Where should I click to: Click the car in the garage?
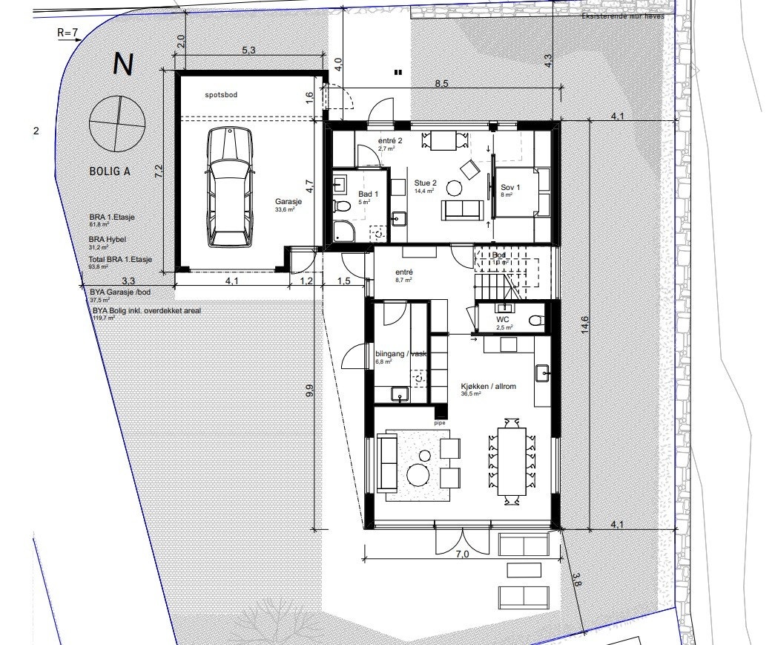pos(230,186)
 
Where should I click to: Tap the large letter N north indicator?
pos(122,65)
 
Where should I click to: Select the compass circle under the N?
pos(116,122)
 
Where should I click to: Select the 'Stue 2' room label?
pos(426,183)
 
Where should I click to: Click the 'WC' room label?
pos(503,319)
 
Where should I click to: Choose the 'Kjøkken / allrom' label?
pos(487,387)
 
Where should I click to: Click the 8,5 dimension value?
pos(441,84)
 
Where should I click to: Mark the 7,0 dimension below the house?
pos(463,553)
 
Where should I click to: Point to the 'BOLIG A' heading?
pos(110,171)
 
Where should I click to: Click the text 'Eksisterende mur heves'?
pos(623,16)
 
